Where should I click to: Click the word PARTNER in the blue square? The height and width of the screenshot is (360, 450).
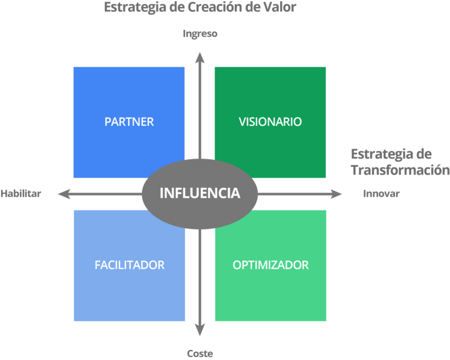(129, 122)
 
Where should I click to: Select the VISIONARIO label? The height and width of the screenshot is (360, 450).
(270, 122)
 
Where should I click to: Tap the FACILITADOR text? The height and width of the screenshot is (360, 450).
(129, 265)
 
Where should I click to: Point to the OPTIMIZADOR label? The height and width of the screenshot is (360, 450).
(270, 265)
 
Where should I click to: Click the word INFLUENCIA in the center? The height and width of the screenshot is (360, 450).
(200, 193)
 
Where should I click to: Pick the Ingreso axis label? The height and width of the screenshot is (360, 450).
(200, 34)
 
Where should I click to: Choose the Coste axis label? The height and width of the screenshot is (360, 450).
(200, 354)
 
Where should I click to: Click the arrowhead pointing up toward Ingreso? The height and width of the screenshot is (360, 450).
(200, 57)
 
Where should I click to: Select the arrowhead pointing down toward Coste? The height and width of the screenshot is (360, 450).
(200, 331)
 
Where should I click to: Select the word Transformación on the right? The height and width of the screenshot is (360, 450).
(396, 170)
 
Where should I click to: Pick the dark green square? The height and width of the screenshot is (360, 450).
(270, 94)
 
